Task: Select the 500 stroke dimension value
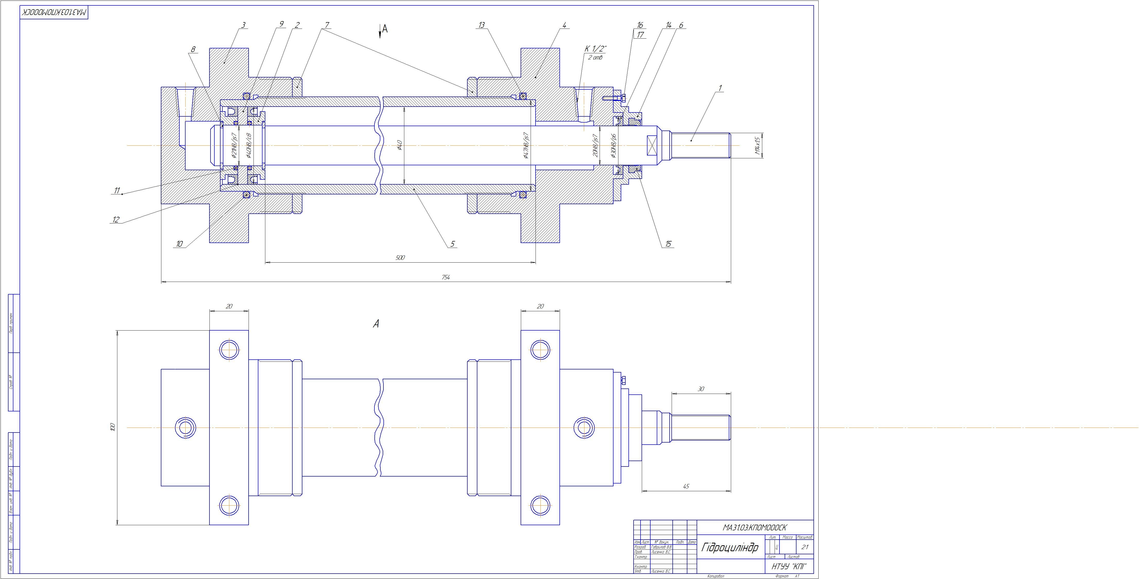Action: tap(400, 257)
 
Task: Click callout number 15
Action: tap(668, 244)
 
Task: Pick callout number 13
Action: tap(482, 25)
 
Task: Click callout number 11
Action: tap(117, 191)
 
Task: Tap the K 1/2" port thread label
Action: tap(595, 48)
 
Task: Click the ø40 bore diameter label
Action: tap(399, 145)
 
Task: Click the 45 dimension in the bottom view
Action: tap(686, 486)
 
